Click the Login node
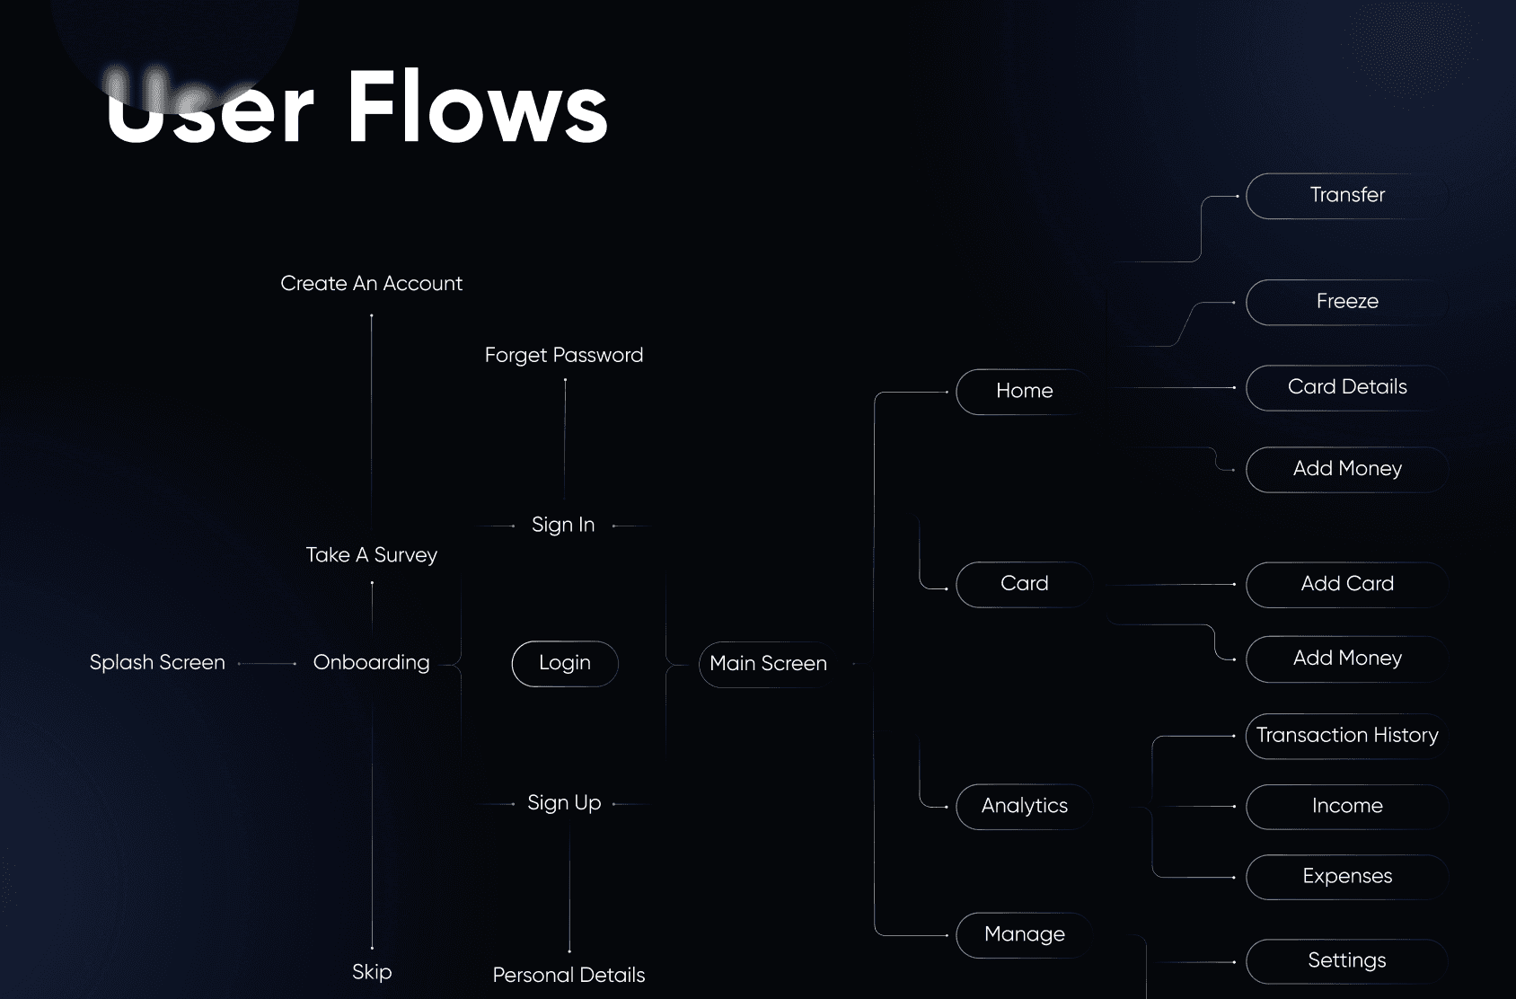point(565,664)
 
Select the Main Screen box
point(768,664)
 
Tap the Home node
point(1024,391)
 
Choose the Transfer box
point(1346,196)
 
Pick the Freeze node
point(1346,302)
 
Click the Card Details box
point(1346,387)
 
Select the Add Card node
point(1346,584)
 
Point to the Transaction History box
point(1346,736)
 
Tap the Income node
point(1346,806)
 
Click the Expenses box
point(1346,877)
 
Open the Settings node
point(1346,961)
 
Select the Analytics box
point(1024,806)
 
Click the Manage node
point(1024,934)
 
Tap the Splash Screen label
point(157,663)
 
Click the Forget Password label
point(564,356)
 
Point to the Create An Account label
point(371,284)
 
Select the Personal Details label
point(568,976)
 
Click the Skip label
point(372,972)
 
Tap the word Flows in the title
point(477,110)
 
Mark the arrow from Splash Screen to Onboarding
point(268,664)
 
